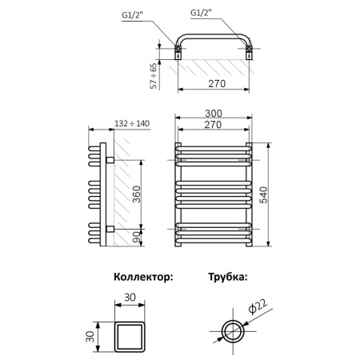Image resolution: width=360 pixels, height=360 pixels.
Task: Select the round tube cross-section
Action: pyautogui.click(x=234, y=329)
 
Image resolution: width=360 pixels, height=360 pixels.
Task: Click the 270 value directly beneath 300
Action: pyautogui.click(x=213, y=126)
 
